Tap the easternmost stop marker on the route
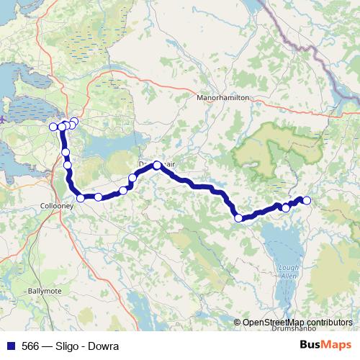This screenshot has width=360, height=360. coord(307,200)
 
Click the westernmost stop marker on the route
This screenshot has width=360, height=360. coord(53,127)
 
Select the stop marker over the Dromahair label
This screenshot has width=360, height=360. coord(157,165)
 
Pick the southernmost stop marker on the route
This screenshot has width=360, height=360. coord(238,217)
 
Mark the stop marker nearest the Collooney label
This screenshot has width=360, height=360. coord(81,198)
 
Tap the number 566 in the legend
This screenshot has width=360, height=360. coord(31,346)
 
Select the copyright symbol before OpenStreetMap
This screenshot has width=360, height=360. coord(238,323)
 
